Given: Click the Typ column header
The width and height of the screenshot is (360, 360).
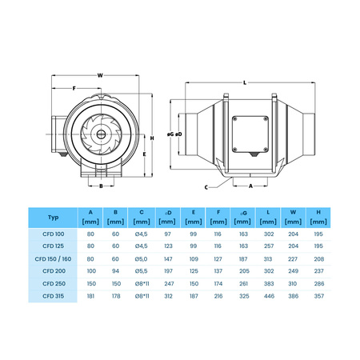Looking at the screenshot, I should (x=53, y=217).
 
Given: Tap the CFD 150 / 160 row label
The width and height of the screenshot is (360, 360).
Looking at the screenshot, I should (x=53, y=258).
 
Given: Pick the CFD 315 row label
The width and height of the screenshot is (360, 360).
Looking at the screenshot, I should (x=53, y=298).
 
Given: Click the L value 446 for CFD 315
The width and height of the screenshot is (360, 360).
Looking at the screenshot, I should (x=269, y=298).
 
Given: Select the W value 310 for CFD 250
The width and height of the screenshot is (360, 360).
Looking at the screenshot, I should (x=294, y=285).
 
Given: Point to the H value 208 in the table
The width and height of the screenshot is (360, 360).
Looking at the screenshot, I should (x=318, y=258).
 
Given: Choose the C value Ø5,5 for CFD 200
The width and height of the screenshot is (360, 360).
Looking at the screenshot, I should (x=141, y=272).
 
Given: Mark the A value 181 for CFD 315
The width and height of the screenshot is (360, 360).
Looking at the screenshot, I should (x=90, y=298).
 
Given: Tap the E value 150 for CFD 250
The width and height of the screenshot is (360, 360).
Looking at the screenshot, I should (x=192, y=285).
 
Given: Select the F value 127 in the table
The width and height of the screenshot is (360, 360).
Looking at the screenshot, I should (x=218, y=258).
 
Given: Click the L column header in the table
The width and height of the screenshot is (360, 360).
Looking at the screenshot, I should (x=269, y=212).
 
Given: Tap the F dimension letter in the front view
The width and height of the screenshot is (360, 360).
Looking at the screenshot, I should (x=74, y=88).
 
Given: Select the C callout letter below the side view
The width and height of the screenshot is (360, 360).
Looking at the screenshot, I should (x=206, y=186).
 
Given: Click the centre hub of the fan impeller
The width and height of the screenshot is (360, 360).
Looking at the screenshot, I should (x=101, y=129).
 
